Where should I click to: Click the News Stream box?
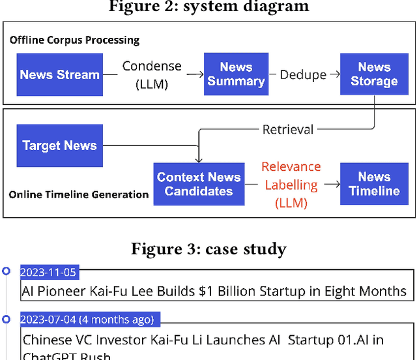pos(60,74)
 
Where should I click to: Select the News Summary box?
pos(236,74)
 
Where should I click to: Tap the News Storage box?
pos(374,74)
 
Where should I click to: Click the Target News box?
pos(60,145)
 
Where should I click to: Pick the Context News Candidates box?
pos(198,184)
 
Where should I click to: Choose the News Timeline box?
pos(374,184)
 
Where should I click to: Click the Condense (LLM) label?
pos(152,74)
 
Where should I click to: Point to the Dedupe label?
pos(302,74)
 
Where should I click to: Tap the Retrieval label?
pos(287,130)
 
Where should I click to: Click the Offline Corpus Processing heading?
pos(74,40)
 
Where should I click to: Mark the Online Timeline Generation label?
pos(78,194)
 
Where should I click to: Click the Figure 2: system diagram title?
pos(208,7)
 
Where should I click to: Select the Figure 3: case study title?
pos(208,248)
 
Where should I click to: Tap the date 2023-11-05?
pos(48,273)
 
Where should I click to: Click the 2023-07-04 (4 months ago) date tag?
pos(87,320)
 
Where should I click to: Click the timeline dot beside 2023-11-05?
pos(7,271)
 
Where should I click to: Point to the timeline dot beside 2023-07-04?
pos(7,320)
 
